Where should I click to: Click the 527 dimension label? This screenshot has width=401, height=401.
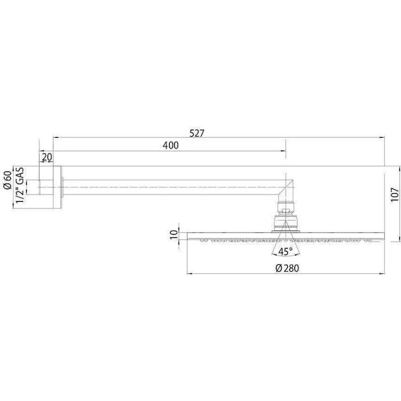pos(197,133)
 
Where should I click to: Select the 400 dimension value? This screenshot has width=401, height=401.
pos(170,145)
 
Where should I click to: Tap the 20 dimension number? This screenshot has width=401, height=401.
pos(47,157)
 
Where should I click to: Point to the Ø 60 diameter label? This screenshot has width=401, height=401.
pos(8,180)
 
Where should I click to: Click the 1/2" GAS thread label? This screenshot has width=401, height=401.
pos(20,185)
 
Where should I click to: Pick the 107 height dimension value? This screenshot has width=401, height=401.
pos(394,195)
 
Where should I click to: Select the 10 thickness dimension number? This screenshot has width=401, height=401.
pos(173,235)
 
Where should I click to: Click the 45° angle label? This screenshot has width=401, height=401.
pos(285,252)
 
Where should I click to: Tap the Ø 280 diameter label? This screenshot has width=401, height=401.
pos(287,268)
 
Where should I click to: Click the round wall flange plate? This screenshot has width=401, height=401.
pos(58,187)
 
